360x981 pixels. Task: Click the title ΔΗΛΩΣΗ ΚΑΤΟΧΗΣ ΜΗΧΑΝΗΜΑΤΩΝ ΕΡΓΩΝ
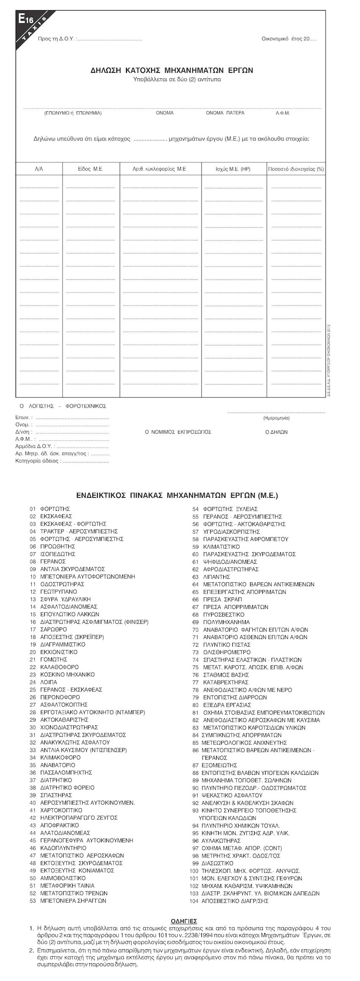[x=172, y=70]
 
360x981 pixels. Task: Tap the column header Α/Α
[x=39, y=169]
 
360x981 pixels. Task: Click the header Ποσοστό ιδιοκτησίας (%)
[x=296, y=169]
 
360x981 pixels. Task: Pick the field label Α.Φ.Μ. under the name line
[x=283, y=113]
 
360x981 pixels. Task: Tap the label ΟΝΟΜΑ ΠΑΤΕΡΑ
[x=225, y=113]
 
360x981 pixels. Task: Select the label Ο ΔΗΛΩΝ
[x=276, y=432]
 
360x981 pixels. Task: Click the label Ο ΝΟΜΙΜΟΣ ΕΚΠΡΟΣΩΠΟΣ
[x=178, y=432]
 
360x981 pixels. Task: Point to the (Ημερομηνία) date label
[x=276, y=418]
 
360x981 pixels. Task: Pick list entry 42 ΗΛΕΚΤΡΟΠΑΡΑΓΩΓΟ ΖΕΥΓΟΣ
[x=78, y=818]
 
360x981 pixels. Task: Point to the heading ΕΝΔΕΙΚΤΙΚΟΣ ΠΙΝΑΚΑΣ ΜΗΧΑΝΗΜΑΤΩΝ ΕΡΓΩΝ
[x=177, y=495]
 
